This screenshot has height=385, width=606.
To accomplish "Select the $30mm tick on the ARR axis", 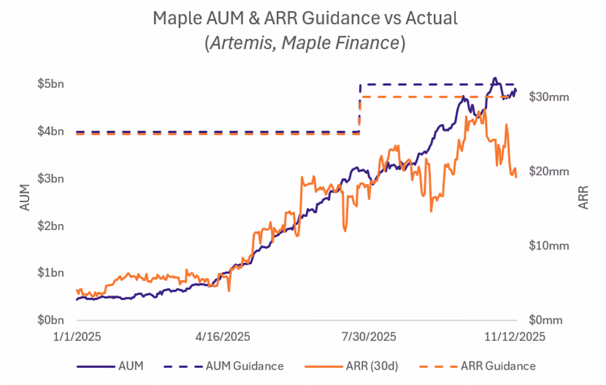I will (549, 96).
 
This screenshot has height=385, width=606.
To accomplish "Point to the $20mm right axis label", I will (549, 171).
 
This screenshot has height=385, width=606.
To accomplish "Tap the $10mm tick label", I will (549, 246).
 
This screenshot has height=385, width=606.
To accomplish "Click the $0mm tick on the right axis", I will (547, 320).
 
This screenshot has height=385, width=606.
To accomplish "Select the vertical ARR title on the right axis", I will (583, 197).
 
